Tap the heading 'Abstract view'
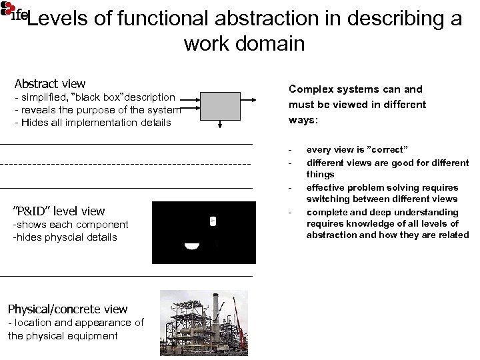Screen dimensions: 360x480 tap(50, 84)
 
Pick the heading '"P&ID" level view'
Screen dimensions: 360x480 tap(59, 211)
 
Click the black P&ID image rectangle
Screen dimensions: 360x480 tap(203, 233)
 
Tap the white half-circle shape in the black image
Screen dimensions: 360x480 tap(192, 247)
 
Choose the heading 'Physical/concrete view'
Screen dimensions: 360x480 tap(67, 309)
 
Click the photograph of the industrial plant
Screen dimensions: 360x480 tap(203, 323)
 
